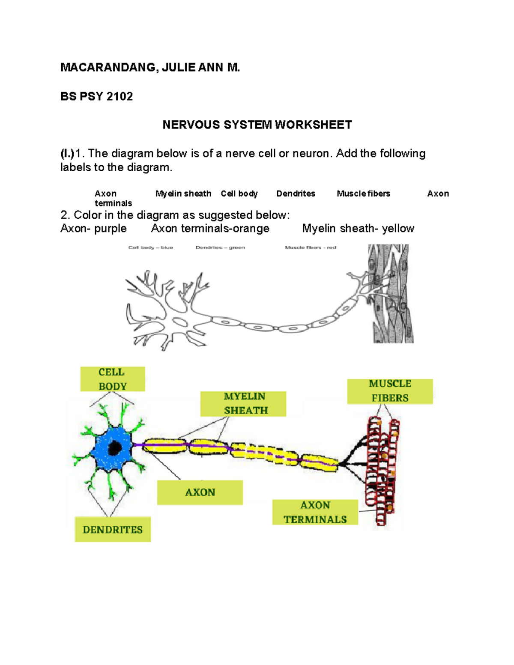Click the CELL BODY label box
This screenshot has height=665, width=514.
[112, 379]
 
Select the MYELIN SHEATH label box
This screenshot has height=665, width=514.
[243, 403]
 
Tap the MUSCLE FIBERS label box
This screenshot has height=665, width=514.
[390, 391]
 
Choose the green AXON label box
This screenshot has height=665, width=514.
[200, 492]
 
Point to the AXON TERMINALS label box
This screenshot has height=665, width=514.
[315, 512]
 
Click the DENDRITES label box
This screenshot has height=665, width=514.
[113, 530]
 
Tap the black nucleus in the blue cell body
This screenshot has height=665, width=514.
[115, 448]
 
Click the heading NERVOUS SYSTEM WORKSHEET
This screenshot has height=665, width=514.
[257, 125]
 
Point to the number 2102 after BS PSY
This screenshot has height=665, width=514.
[120, 96]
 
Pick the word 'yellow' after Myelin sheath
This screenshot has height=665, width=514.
[398, 229]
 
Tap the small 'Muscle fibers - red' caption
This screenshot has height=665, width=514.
[311, 248]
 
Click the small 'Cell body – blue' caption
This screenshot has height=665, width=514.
[150, 248]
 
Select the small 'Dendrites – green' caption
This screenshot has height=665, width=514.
[220, 248]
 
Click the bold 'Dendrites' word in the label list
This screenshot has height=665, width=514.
[296, 194]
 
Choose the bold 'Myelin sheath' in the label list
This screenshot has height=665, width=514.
[183, 194]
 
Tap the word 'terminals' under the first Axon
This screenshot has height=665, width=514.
[113, 203]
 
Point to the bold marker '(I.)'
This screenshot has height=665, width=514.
[67, 153]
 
